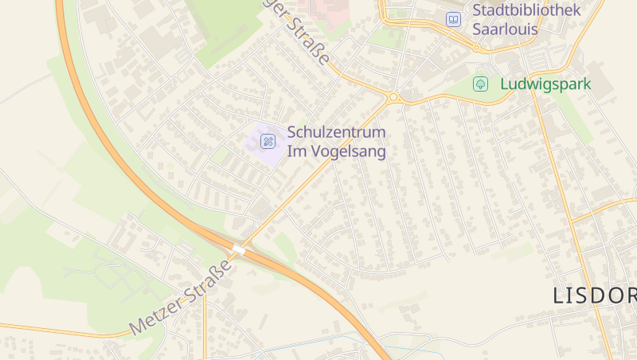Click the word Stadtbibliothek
pos(527,10)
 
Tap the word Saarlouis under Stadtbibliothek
pos(505,29)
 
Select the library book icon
pos(453,19)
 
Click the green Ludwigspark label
pos(545,84)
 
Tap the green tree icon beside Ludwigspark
pos(480,84)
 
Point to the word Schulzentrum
pos(336,131)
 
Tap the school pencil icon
pos(268,141)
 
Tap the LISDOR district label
pos(594,295)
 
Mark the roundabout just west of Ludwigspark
pos(393,97)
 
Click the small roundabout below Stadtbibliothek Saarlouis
pos(477,48)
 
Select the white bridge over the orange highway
pos(239,250)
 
